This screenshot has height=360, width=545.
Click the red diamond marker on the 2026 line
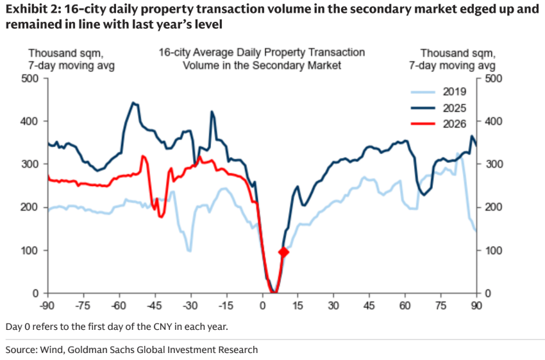click(x=283, y=252)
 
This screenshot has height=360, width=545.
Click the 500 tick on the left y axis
click(x=31, y=78)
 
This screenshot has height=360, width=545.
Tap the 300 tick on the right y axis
click(x=492, y=164)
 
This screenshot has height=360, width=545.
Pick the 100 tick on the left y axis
click(x=31, y=250)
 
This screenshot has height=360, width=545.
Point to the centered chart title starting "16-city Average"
click(x=262, y=58)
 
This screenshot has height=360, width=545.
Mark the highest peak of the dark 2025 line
click(x=133, y=103)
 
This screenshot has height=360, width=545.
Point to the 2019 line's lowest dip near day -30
click(x=190, y=250)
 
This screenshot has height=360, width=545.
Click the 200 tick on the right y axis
click(x=492, y=207)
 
